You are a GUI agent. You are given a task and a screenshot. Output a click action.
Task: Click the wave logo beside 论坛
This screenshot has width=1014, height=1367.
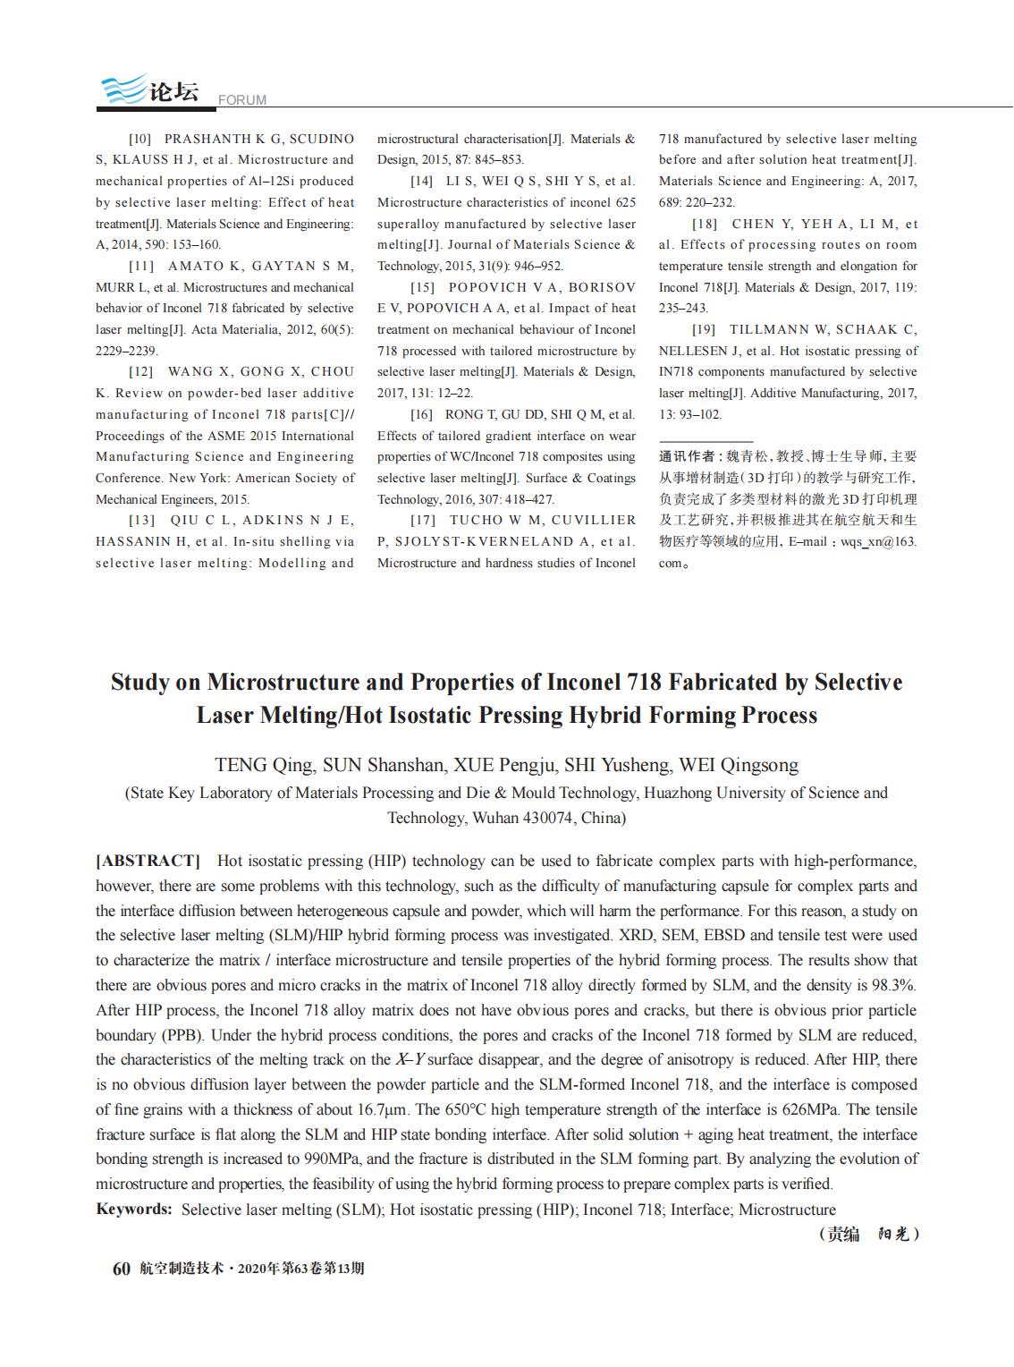coord(123,89)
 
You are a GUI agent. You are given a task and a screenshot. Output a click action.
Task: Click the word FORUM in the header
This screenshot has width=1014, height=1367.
coord(242,100)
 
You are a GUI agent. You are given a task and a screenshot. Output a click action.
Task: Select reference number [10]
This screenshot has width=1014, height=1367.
coord(140,139)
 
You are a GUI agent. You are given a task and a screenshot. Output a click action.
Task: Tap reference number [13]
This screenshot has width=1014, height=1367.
coord(140,520)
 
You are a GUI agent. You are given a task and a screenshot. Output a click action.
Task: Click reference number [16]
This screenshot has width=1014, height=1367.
coord(421,414)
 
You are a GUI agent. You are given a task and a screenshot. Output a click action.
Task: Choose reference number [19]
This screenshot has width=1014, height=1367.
coord(704,329)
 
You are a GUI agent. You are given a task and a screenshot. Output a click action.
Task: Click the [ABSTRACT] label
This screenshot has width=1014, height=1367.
coord(148,861)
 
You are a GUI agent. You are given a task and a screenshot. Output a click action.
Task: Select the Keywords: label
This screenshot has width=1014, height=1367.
coord(134,1210)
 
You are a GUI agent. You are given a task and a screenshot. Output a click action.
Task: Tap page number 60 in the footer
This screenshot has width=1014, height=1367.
coord(122,1269)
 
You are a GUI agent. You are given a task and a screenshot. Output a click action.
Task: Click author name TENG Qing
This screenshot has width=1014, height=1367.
coord(264,765)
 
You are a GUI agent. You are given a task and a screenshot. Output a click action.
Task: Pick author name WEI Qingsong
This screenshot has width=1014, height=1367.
coord(739,765)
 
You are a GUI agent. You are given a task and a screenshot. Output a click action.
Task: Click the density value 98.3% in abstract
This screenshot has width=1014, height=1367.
coord(891,985)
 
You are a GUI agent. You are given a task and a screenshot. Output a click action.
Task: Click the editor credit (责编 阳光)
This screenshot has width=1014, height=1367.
coord(868,1235)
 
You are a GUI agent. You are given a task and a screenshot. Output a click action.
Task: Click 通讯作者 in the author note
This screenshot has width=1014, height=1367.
coord(686,456)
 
